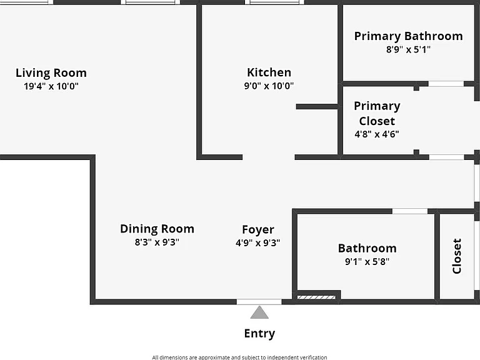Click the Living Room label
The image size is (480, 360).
coord(51,73)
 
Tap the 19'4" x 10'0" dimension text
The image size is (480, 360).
coord(51,86)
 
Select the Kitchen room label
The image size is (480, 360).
coord(269,72)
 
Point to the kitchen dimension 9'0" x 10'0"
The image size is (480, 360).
coord(269,86)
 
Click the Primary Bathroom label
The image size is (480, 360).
coord(408,36)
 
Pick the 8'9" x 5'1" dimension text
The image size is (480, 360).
coord(408,49)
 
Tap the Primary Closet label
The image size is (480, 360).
coord(377,113)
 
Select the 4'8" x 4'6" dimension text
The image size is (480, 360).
coord(377,134)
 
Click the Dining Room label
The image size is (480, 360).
coord(157,229)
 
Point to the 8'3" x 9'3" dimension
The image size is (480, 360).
coord(157,242)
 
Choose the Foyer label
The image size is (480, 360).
coord(258,230)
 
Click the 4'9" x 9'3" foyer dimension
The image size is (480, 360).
coord(257,243)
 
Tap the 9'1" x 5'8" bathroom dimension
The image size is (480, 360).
coord(367,262)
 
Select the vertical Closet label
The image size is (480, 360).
coord(457,256)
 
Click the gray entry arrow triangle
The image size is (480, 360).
coord(259,312)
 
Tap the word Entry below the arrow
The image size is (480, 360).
coord(259,334)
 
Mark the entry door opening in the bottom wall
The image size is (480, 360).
coord(259,302)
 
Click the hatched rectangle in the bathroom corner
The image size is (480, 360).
coord(316,297)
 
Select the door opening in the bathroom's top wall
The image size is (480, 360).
coord(410,211)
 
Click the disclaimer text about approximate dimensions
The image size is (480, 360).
coord(239,357)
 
